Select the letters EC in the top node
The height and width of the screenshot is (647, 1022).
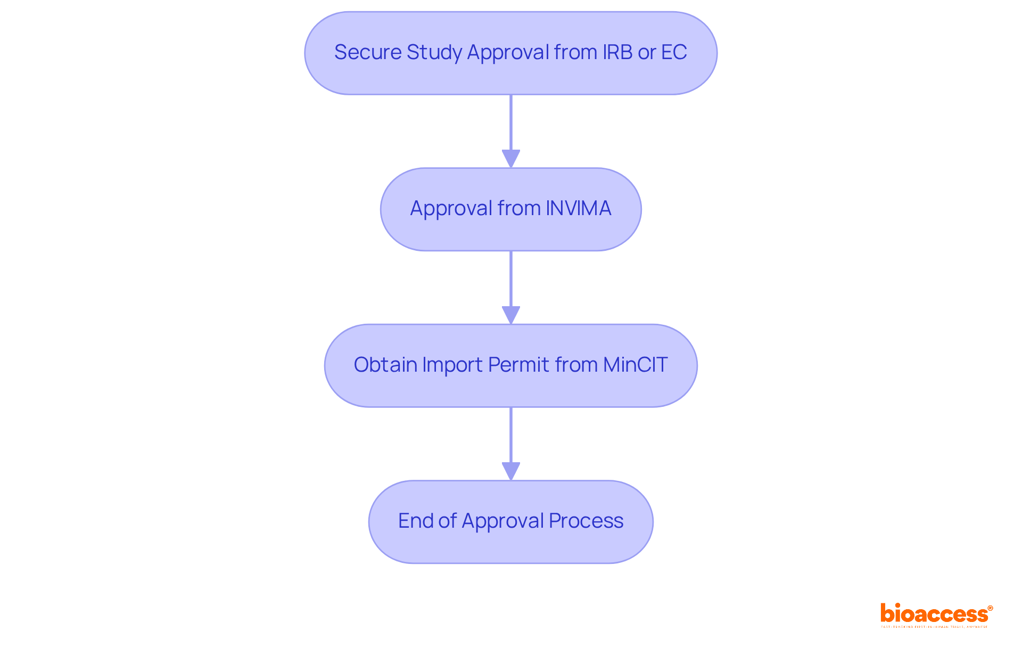pos(674,52)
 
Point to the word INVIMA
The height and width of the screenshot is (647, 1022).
pos(579,208)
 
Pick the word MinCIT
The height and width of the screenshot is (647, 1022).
pos(635,365)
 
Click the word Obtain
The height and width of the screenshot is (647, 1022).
pos(385,365)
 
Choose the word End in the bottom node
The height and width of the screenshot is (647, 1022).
pos(415,521)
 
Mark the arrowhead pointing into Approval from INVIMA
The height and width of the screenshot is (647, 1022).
pos(511,159)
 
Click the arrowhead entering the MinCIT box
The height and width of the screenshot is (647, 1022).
pos(511,315)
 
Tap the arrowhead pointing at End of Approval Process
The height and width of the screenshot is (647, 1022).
pos(511,471)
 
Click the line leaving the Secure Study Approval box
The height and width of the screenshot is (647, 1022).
pos(511,122)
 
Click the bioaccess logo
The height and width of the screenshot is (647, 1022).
pos(934,613)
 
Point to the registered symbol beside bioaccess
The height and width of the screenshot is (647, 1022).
pos(990,608)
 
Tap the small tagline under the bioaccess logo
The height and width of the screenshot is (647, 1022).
pos(934,627)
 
